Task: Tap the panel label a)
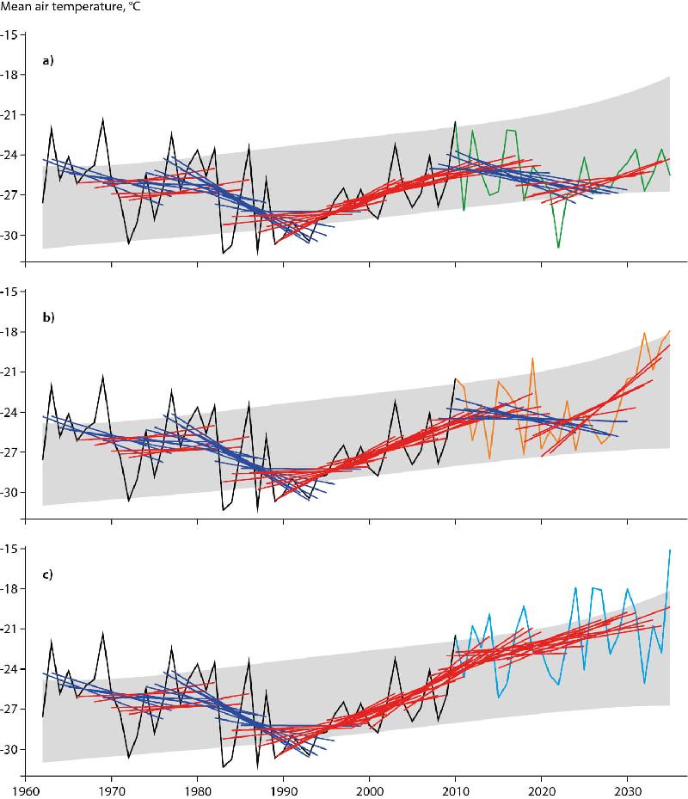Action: pos(49,61)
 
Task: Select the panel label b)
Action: pos(49,317)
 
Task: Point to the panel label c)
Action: pos(49,574)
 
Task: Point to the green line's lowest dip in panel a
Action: pos(558,247)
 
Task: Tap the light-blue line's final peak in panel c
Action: pos(670,550)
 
